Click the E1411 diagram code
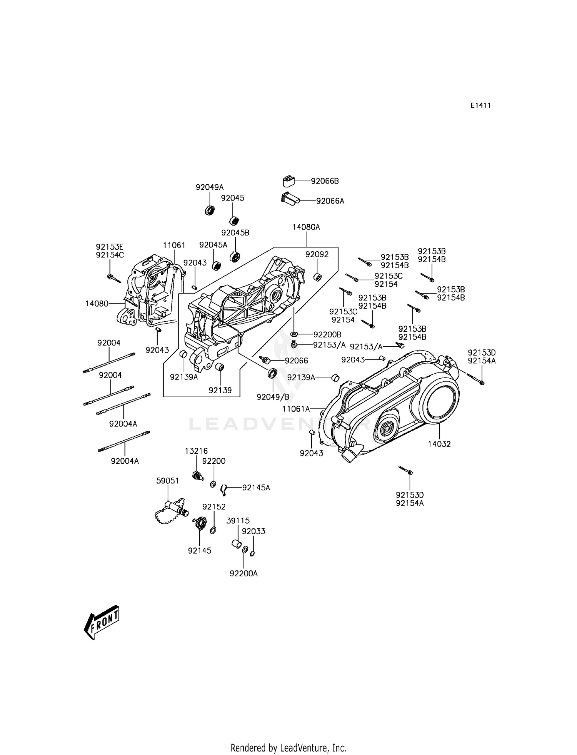tap(480, 105)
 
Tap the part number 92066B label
tap(325, 181)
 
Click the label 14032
tap(439, 444)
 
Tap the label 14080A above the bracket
tap(306, 227)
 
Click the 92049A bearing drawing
tap(210, 210)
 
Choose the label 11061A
tap(297, 409)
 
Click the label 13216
tap(196, 451)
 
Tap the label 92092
tap(317, 254)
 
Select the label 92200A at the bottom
tap(243, 573)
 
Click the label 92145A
tap(256, 488)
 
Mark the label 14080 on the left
tap(97, 304)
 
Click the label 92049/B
tap(273, 397)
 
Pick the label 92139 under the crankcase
tap(220, 390)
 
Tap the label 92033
tap(253, 531)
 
